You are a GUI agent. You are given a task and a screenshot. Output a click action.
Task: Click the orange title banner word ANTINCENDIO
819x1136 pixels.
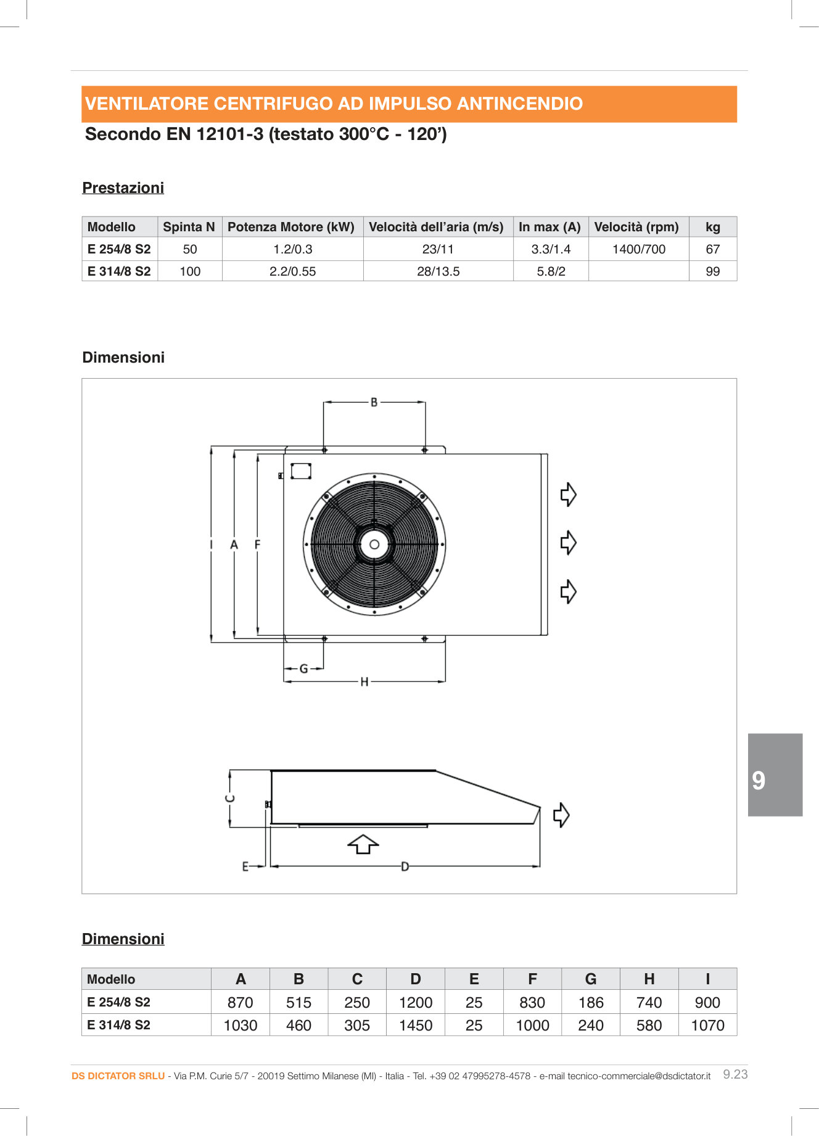point(519,104)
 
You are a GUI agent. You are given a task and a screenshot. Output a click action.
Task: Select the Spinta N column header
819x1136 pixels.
point(189,227)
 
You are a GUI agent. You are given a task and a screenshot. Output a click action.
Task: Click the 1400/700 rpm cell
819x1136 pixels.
point(638,249)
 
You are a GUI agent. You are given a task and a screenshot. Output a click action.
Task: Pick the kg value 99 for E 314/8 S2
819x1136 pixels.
point(712,271)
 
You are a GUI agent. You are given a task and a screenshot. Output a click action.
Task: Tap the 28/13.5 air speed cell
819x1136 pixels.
point(438,271)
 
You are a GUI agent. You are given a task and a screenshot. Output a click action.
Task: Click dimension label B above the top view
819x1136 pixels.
point(374,402)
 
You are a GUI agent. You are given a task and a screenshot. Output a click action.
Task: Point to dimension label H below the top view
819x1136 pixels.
point(364,681)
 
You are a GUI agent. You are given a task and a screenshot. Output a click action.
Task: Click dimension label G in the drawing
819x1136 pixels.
point(303,669)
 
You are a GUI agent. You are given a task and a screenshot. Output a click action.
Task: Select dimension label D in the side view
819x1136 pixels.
point(405,866)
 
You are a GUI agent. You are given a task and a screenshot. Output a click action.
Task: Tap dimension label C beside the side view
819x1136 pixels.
point(229,798)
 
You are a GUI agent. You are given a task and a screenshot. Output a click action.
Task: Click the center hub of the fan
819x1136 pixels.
point(374,545)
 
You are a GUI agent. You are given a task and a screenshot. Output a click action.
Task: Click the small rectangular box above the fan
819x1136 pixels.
point(301,471)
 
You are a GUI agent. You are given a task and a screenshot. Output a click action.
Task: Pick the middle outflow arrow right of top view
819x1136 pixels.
point(568,543)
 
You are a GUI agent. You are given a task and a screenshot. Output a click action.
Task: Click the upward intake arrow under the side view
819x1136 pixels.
point(363,844)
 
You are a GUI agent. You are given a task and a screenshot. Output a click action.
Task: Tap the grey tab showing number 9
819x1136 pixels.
point(775,775)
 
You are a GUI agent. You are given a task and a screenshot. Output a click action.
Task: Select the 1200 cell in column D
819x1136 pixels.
point(416,1002)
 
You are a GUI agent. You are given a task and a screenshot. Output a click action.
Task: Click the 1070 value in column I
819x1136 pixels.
point(707,1025)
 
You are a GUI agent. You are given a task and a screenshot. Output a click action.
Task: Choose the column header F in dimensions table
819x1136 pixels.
point(532,979)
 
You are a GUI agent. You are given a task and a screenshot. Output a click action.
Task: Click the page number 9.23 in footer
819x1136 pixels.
point(735,1074)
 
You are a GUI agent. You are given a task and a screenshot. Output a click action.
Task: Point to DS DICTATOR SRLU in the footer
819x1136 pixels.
point(118,1076)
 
